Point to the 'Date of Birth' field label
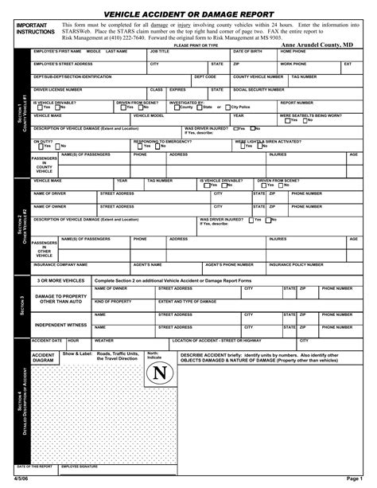point(247,51)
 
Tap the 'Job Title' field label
point(160,51)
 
